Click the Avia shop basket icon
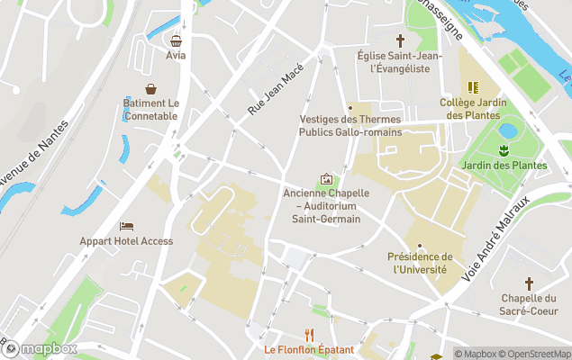click(176, 40)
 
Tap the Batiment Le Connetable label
click(151, 110)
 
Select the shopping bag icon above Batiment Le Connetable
click(151, 89)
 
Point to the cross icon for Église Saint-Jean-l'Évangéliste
click(401, 40)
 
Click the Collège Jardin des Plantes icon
click(473, 88)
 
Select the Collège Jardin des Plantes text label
click(473, 109)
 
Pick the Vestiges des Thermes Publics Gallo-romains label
click(350, 126)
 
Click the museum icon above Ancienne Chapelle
click(325, 179)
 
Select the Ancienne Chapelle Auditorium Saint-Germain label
click(322, 206)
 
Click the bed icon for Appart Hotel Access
click(126, 226)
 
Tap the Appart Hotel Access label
click(126, 241)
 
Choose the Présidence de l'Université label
click(420, 263)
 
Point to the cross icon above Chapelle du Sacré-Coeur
click(530, 283)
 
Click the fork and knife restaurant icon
click(309, 334)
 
